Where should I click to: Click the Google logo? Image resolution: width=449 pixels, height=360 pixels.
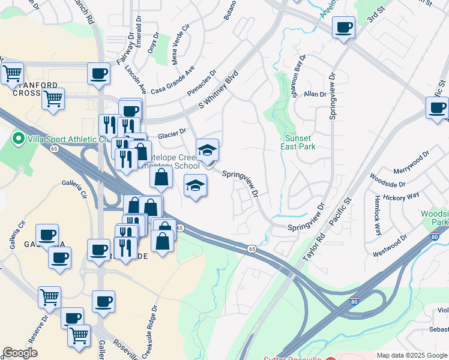[20, 353]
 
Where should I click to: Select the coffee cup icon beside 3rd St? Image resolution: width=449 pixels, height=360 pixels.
[343, 27]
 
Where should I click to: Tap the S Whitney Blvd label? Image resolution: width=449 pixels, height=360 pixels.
[219, 92]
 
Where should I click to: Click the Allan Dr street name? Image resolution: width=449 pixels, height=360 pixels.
[315, 94]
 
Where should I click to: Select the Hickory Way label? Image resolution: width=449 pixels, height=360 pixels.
[403, 197]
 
